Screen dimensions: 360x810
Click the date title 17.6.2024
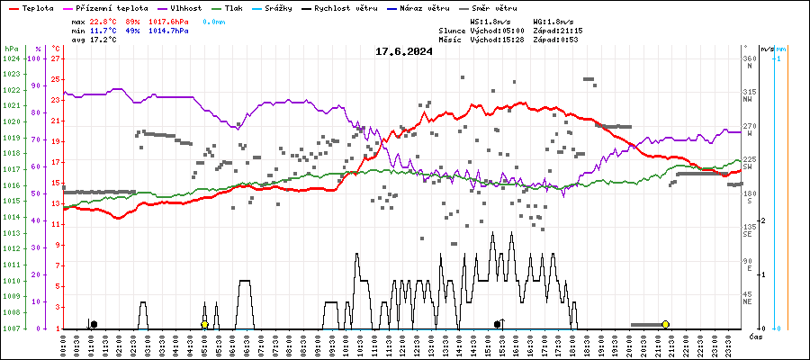click(x=404, y=51)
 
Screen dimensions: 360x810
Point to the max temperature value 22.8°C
click(x=103, y=21)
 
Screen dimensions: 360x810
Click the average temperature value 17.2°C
click(x=103, y=40)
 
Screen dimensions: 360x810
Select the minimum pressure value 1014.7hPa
click(x=169, y=31)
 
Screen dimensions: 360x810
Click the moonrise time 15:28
click(x=508, y=40)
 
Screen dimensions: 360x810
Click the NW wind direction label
click(x=747, y=100)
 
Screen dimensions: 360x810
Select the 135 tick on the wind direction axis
click(x=748, y=227)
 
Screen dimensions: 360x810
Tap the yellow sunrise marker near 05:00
click(x=204, y=324)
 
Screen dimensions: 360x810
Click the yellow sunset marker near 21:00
click(x=665, y=324)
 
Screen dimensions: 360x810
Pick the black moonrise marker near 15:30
click(x=498, y=324)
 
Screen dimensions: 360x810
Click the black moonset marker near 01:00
click(x=94, y=324)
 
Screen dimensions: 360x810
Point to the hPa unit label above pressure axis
click(x=11, y=49)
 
